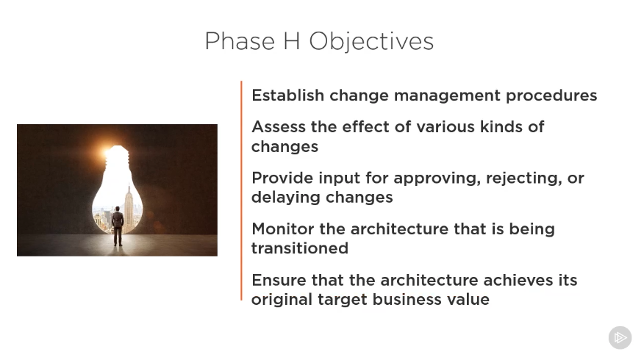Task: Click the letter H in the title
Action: point(291,41)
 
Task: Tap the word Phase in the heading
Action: point(240,41)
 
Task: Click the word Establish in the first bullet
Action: point(288,96)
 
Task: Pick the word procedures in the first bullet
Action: point(551,96)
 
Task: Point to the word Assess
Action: point(279,127)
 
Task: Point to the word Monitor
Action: point(283,229)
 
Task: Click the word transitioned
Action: point(300,248)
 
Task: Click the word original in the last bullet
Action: point(282,300)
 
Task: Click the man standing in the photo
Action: point(118,226)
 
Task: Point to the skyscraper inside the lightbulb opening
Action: point(129,207)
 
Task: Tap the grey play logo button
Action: point(620,337)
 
